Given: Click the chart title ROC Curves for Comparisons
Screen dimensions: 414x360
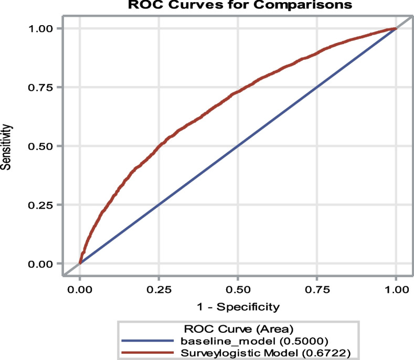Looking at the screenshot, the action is click(x=240, y=5).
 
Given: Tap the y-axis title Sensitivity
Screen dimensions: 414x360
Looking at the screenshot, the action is click(x=6, y=147).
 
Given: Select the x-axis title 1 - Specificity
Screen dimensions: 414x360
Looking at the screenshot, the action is click(x=238, y=307).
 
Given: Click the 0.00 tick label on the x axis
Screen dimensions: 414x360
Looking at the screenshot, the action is click(x=80, y=290).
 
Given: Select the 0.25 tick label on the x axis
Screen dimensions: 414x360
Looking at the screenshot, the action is click(x=159, y=290).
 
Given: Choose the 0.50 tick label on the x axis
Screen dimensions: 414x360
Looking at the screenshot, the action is click(x=238, y=290).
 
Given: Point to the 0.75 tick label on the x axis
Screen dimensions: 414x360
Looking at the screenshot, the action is click(x=317, y=290).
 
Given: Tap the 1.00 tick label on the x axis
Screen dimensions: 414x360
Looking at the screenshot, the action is click(x=396, y=290).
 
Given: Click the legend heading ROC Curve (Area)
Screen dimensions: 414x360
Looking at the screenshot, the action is click(x=239, y=329).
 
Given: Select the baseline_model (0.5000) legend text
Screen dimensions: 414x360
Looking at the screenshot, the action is click(x=254, y=341).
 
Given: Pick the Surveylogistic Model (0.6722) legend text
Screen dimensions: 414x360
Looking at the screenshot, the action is click(x=266, y=353).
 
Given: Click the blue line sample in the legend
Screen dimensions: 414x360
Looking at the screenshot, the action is click(x=147, y=341).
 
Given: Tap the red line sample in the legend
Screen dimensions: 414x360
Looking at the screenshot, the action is click(x=147, y=353).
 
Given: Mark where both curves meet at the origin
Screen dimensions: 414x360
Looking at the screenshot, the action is click(x=80, y=263).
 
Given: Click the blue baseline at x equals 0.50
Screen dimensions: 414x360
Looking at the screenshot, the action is click(x=238, y=146).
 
